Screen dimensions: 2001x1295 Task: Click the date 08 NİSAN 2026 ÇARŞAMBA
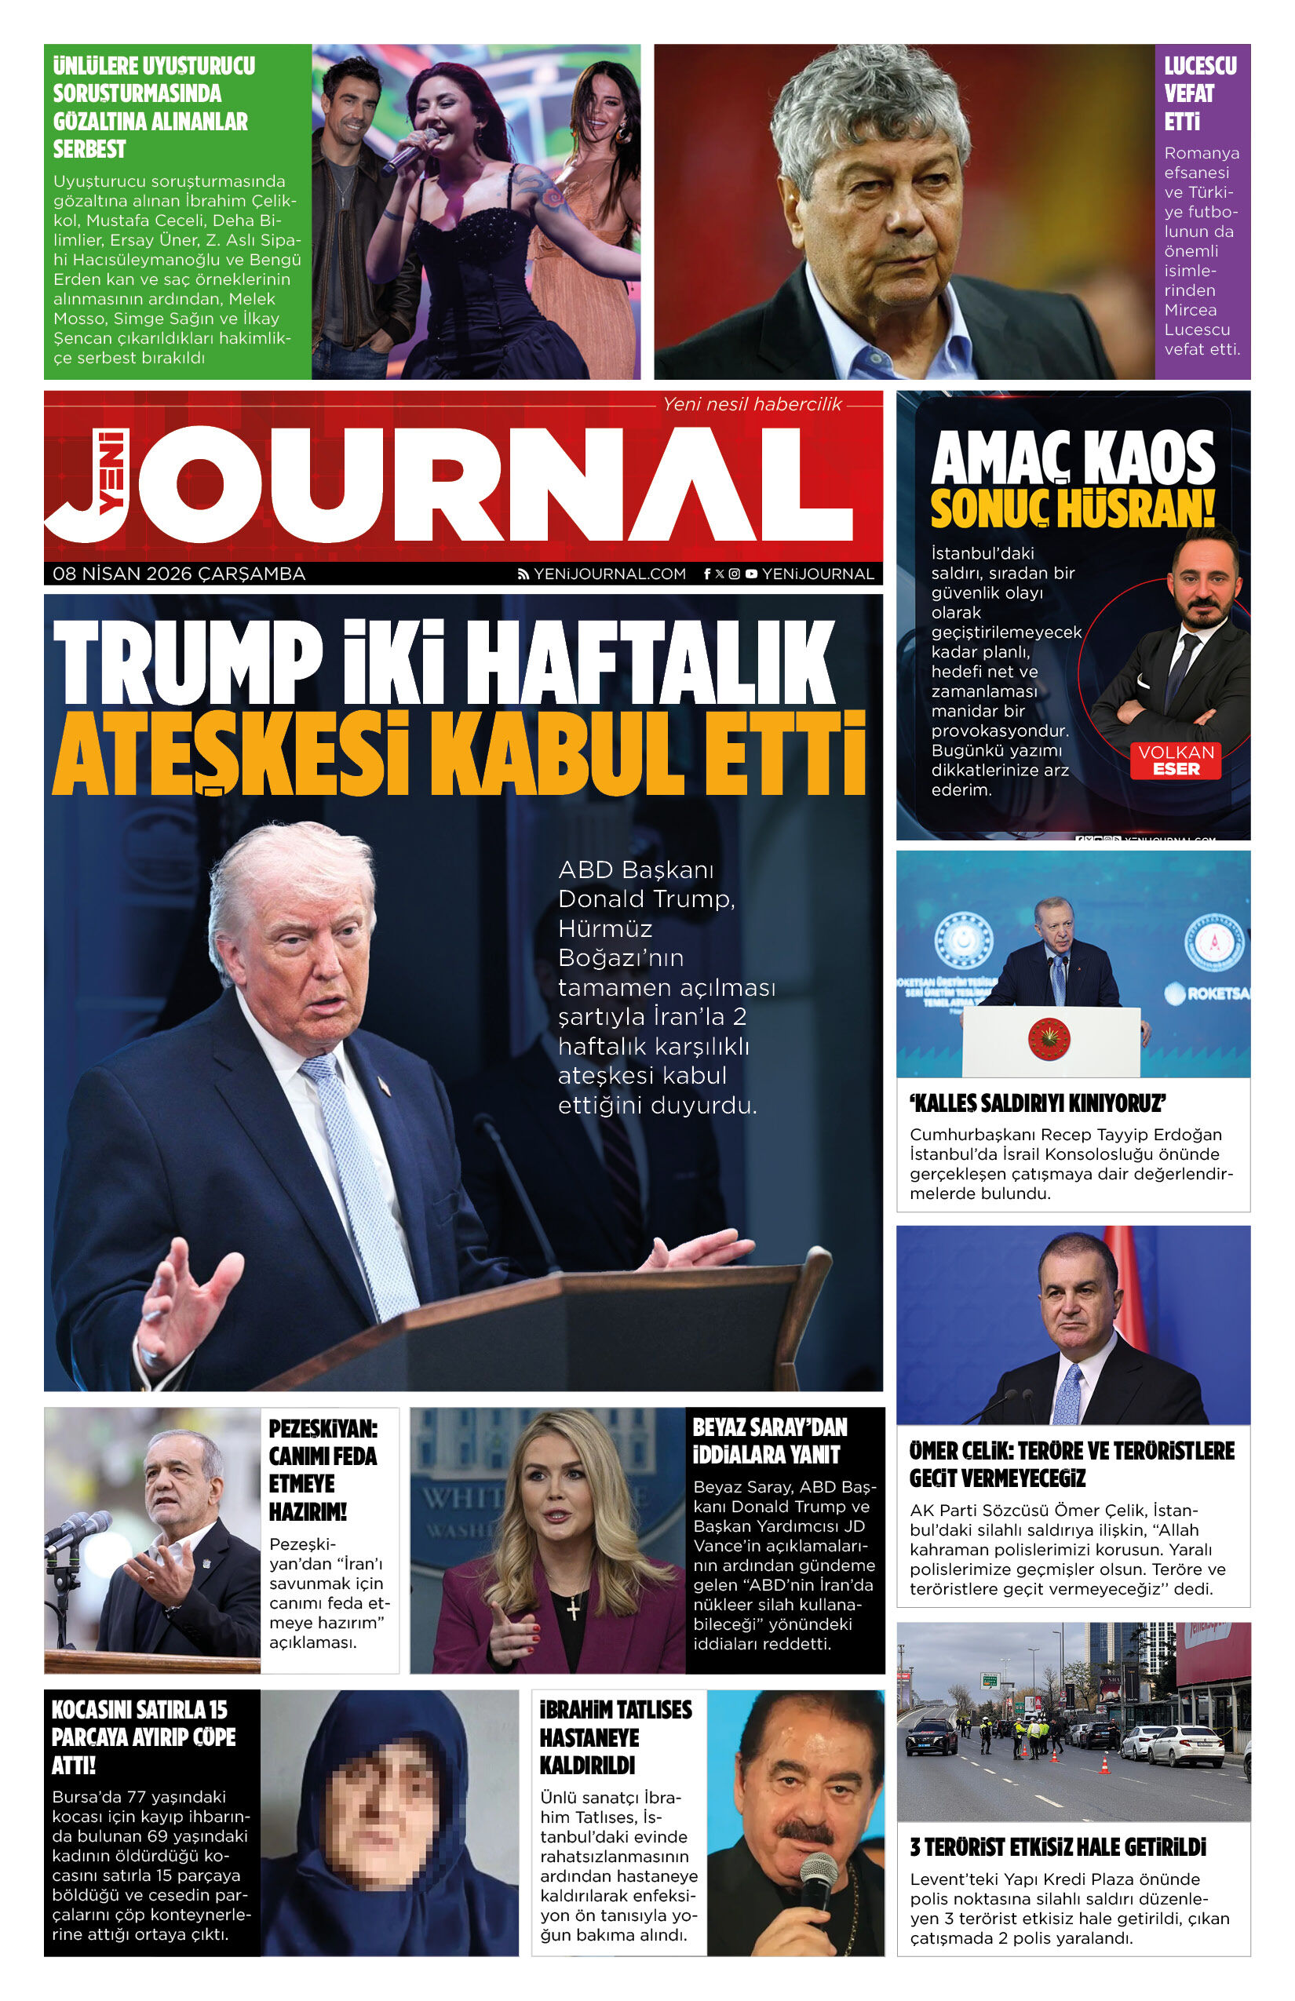tap(178, 574)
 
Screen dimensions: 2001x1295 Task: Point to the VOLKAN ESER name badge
tap(1176, 760)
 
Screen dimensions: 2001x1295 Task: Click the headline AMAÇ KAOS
tap(1072, 459)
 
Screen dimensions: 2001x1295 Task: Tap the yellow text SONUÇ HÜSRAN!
tap(1072, 508)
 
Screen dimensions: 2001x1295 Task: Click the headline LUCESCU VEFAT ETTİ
tap(1199, 93)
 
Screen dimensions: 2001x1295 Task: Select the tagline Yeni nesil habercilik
tap(751, 404)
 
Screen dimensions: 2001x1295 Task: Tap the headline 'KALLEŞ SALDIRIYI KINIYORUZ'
tap(1037, 1103)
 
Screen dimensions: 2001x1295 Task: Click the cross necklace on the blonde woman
tap(573, 1607)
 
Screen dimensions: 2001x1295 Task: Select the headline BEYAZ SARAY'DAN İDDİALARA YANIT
tap(769, 1440)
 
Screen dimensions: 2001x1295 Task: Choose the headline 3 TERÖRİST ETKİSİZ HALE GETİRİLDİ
tap(1057, 1847)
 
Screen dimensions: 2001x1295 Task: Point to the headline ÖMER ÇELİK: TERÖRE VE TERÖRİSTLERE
tap(1071, 1463)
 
